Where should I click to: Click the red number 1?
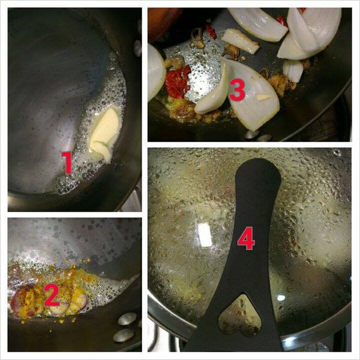point(67,163)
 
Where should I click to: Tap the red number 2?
point(52,295)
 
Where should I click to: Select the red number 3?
point(237,90)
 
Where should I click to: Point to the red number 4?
point(246,238)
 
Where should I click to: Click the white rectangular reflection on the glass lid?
point(205,235)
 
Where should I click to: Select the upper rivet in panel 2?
point(127,319)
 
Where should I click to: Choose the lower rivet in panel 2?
point(124,335)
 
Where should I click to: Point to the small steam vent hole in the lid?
point(337,152)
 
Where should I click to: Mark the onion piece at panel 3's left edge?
point(156,71)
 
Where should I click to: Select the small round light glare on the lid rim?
point(281,298)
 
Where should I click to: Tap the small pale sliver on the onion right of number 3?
point(263,97)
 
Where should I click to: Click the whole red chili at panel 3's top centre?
point(211,31)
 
